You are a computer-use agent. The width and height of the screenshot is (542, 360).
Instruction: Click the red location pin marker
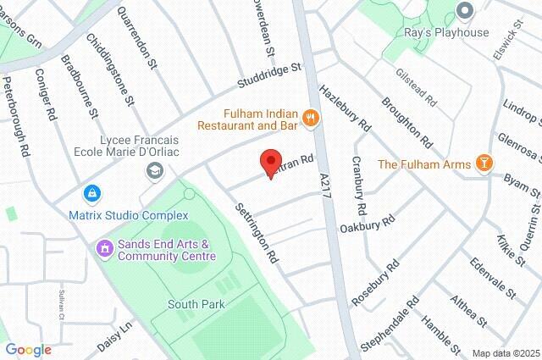point(270,162)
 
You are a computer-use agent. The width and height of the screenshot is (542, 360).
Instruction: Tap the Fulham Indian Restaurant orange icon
point(311,119)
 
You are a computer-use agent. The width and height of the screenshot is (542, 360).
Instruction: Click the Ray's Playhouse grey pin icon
point(463,11)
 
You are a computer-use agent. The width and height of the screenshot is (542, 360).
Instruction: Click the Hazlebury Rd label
point(346,107)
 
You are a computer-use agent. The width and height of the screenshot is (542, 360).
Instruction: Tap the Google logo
point(28,349)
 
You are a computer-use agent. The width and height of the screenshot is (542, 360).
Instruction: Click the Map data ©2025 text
point(505,353)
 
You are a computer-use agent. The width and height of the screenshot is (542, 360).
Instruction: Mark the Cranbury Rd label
point(360,185)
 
